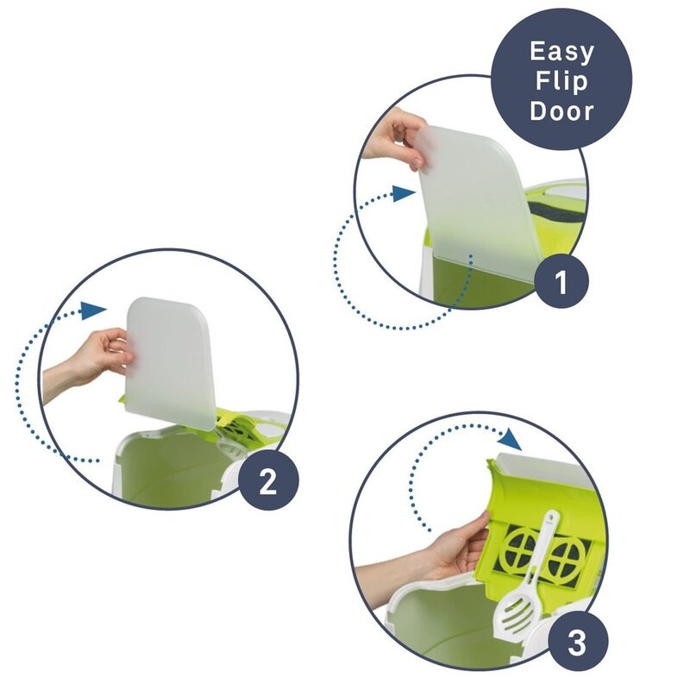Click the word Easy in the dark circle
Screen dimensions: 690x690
coord(561,53)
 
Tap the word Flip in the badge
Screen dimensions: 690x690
coord(561,81)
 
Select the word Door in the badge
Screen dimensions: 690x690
coord(561,111)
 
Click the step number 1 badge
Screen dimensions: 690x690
coord(561,281)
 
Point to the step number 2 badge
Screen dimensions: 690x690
coord(268,480)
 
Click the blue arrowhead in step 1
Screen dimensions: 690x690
coord(404,193)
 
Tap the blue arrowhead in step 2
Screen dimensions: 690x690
coord(94,310)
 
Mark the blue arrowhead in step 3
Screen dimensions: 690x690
coord(512,440)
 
